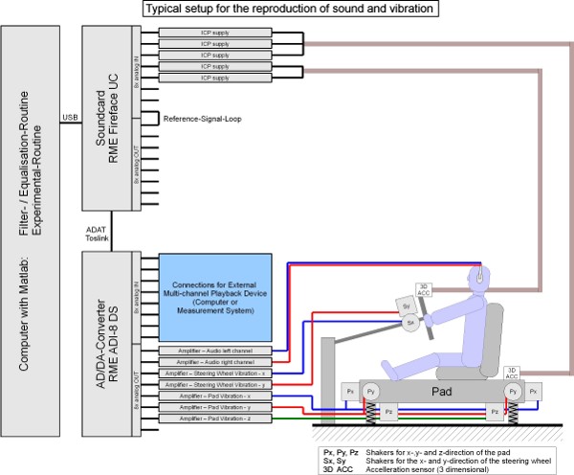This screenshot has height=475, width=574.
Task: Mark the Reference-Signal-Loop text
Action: (202, 119)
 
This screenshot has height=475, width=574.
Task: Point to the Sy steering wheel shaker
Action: (406, 305)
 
